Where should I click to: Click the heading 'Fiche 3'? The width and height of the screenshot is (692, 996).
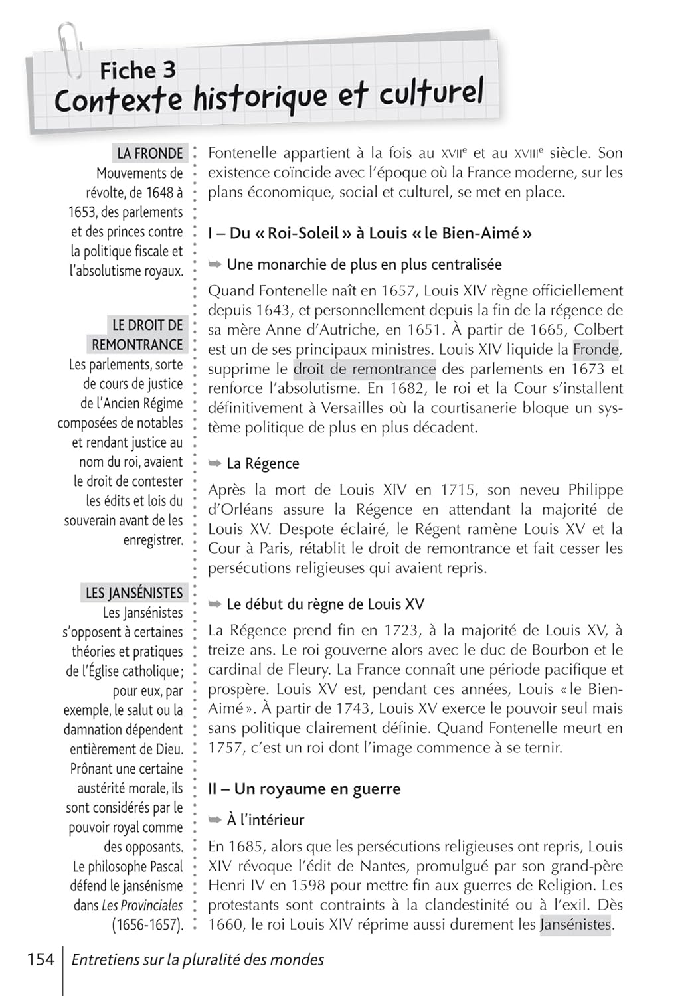click(137, 70)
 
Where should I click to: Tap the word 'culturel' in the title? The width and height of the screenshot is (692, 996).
click(431, 94)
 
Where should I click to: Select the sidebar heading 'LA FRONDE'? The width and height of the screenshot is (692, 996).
click(149, 153)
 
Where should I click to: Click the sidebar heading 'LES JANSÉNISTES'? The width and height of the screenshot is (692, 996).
click(134, 593)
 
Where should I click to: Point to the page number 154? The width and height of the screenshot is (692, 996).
click(41, 959)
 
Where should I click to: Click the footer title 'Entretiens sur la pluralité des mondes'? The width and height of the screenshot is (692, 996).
click(198, 960)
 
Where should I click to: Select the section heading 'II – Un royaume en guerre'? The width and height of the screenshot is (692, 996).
click(304, 789)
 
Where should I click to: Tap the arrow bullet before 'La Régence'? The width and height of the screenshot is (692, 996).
click(215, 463)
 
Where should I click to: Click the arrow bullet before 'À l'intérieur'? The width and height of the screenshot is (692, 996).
click(215, 819)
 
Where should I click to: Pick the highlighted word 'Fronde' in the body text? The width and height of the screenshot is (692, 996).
click(596, 349)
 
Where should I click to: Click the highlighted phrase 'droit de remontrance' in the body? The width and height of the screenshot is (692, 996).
click(365, 369)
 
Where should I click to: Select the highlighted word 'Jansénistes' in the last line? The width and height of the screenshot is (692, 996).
click(575, 924)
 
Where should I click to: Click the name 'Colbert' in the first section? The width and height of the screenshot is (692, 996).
click(598, 330)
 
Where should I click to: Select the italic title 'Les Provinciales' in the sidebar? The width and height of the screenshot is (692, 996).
click(142, 905)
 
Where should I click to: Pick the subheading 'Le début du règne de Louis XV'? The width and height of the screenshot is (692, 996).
click(325, 604)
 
